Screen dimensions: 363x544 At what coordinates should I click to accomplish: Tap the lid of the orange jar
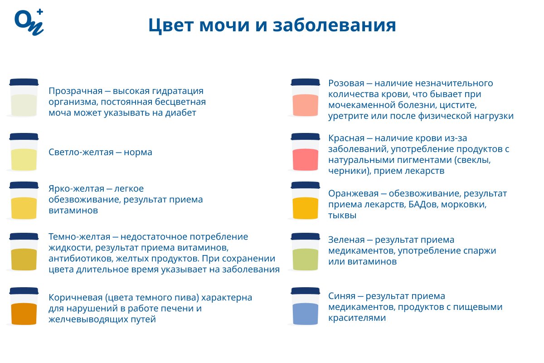tap(305, 185)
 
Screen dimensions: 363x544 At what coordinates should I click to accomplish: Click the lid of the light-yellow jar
tap(24, 137)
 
